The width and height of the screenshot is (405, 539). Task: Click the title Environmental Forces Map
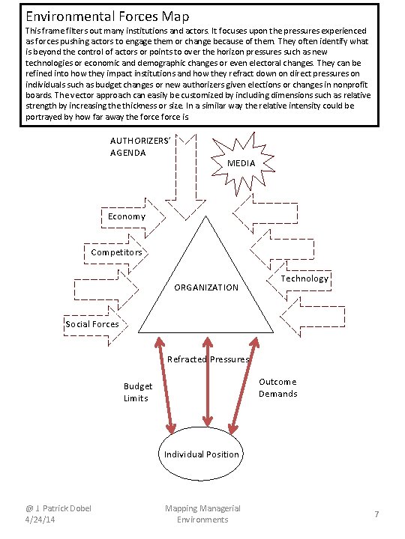click(x=107, y=15)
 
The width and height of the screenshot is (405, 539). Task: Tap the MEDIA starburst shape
click(x=241, y=162)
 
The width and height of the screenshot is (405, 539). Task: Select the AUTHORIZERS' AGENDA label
click(x=139, y=147)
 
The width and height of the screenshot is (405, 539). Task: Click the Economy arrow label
click(x=126, y=216)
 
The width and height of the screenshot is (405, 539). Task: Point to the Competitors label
click(x=116, y=252)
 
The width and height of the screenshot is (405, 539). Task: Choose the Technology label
click(x=304, y=278)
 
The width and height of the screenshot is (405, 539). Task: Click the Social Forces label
click(x=91, y=324)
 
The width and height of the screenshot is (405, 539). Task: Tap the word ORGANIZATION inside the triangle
click(x=206, y=287)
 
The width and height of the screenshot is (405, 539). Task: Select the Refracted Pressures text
click(x=208, y=359)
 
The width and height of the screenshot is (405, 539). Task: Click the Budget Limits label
click(x=138, y=392)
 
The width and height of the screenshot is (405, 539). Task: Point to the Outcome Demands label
click(x=277, y=388)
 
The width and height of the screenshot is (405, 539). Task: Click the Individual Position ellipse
click(x=201, y=454)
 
